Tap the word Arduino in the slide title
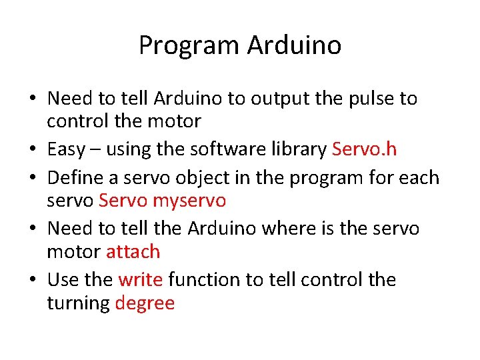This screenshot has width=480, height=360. (x=294, y=45)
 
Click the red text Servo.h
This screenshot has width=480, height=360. (x=364, y=149)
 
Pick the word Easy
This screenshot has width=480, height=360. (x=66, y=149)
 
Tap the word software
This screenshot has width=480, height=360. (x=223, y=149)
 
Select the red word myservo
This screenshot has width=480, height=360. (x=189, y=199)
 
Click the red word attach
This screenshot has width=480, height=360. (x=133, y=251)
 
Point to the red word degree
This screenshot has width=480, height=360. (x=145, y=303)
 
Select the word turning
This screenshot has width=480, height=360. (x=78, y=303)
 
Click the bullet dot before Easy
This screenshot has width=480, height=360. (x=32, y=149)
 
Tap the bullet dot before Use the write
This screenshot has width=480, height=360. (x=32, y=280)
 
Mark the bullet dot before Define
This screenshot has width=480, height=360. (x=32, y=179)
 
